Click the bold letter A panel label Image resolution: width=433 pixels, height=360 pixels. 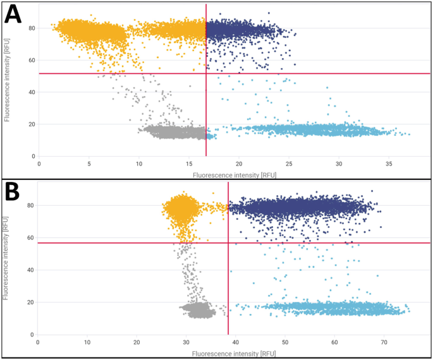[15, 15]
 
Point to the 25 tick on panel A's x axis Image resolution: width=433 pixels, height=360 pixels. [289, 163]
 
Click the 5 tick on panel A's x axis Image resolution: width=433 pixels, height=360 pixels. [89, 163]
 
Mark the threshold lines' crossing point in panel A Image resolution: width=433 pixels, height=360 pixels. [206, 74]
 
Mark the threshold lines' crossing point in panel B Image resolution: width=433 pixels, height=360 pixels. [228, 243]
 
